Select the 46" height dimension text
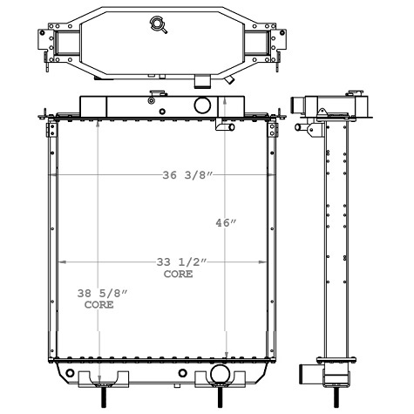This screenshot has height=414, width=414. point(226,223)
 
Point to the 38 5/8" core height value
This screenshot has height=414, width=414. point(98,295)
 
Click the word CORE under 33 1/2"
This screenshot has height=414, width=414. point(179,274)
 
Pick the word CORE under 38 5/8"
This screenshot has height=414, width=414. point(98,307)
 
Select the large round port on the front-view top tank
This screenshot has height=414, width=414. point(203,105)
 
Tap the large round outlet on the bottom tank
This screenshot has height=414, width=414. point(218,376)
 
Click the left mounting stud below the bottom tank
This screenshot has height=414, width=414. point(105,396)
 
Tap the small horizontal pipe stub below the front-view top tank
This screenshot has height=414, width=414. point(225,127)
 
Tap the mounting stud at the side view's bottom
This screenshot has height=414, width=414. point(336,396)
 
